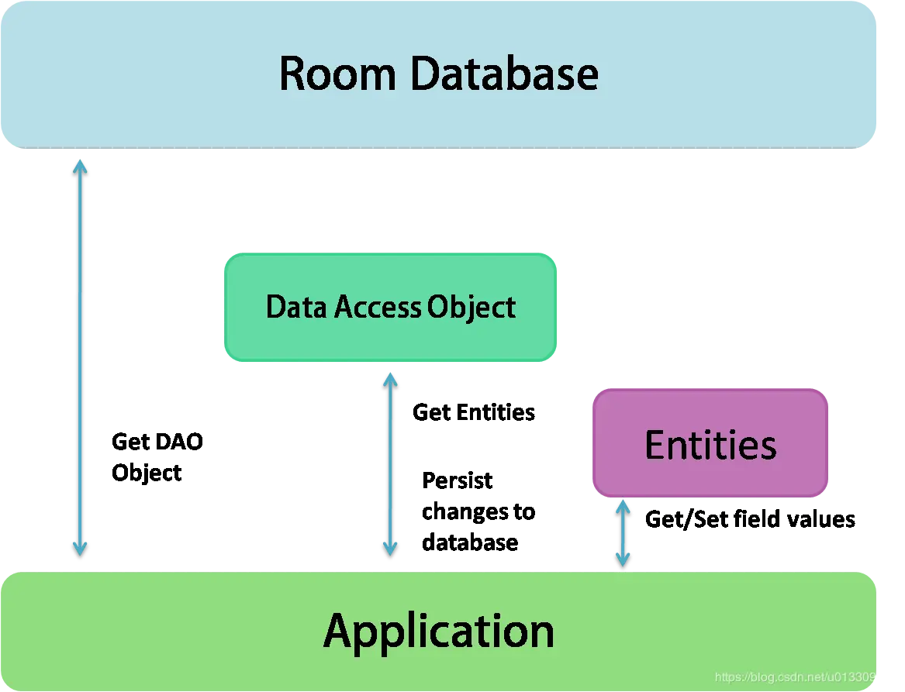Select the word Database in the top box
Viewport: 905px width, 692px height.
click(504, 74)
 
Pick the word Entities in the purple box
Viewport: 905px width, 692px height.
click(710, 445)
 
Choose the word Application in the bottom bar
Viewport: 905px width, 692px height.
click(439, 631)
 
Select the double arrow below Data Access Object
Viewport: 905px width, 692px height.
click(389, 463)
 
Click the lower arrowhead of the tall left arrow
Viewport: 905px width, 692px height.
click(80, 549)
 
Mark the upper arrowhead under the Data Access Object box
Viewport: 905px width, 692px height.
click(389, 379)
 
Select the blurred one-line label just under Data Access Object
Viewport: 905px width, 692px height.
click(473, 411)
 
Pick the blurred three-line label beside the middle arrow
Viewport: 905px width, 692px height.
click(478, 511)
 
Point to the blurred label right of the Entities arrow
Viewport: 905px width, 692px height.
click(749, 521)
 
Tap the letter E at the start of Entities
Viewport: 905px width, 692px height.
click(654, 445)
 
